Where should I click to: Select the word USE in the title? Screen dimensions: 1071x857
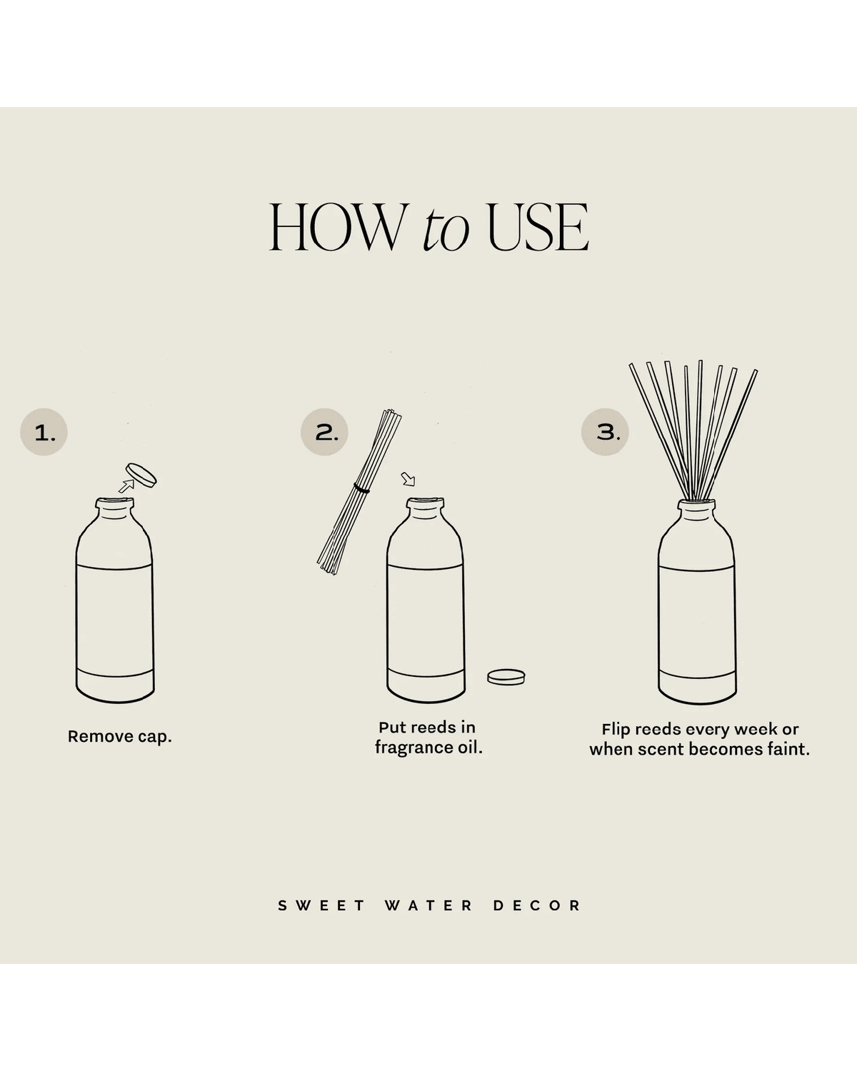tap(538, 227)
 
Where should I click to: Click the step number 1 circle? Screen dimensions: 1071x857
tap(44, 432)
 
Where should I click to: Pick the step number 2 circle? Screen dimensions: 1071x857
tap(325, 432)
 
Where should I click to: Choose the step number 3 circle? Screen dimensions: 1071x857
tap(606, 432)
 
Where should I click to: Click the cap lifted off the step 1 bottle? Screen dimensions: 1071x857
tap(141, 476)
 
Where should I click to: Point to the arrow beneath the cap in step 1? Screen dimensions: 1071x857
tap(126, 486)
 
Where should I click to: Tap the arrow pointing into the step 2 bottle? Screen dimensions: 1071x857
tap(408, 478)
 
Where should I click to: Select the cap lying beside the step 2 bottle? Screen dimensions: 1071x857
tap(506, 676)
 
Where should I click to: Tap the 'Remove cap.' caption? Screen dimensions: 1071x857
tap(120, 736)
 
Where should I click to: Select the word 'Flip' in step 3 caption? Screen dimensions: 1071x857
tap(616, 729)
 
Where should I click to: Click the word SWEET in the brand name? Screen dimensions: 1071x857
tap(321, 905)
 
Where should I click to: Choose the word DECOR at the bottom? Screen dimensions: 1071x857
tap(537, 905)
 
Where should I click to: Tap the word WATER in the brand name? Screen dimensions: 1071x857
tap(428, 905)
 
